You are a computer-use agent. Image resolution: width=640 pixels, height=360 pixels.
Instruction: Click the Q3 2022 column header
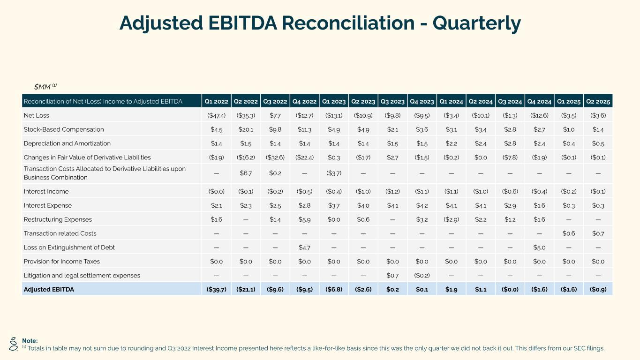275,101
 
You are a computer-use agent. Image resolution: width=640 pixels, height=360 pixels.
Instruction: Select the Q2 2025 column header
597,101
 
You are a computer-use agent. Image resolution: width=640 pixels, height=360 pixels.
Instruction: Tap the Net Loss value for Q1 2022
216,115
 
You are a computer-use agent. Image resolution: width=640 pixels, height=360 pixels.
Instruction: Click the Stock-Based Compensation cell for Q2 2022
246,129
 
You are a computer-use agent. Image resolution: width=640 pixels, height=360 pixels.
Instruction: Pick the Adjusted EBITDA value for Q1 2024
451,289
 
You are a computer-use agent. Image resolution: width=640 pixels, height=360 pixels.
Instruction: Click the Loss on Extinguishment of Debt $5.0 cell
539,247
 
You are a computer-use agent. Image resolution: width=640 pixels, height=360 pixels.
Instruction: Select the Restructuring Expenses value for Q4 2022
304,219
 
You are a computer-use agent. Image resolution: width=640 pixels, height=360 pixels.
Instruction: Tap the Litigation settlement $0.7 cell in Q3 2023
392,275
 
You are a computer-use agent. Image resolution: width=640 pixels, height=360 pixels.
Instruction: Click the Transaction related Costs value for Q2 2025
598,233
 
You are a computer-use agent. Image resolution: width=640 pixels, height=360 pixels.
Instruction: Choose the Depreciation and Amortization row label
67,143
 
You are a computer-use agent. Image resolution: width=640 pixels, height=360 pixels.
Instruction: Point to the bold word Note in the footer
30,341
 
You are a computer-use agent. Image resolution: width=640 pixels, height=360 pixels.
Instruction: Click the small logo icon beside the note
14,345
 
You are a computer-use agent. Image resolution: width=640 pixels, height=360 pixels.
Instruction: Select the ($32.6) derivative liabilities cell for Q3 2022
275,157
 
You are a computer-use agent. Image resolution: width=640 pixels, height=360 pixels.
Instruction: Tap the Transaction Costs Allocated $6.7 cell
246,173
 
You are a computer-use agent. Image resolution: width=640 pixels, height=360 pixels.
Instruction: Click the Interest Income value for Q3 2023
392,191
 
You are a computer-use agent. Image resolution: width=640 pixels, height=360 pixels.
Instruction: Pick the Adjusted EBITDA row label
49,289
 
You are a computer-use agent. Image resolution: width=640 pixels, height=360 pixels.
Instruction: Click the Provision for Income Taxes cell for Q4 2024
539,262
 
